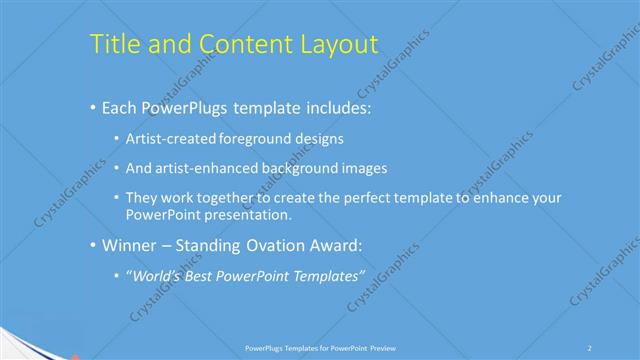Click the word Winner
(129, 245)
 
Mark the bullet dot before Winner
(93, 245)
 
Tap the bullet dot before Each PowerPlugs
(93, 106)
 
